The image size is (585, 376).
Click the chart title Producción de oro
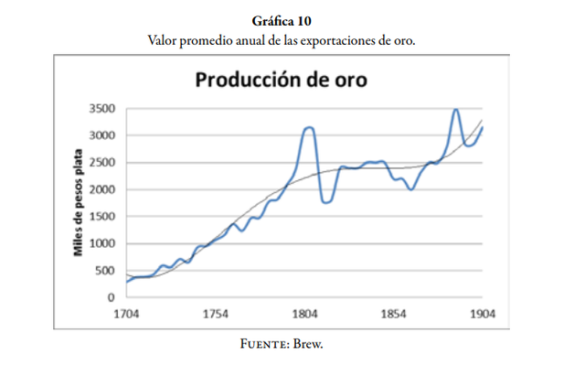tap(282, 80)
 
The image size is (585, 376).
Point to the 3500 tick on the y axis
tap(101, 109)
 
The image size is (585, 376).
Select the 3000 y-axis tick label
tap(101, 135)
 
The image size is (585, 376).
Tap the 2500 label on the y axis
tap(101, 163)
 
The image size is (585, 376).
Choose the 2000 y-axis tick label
tap(101, 189)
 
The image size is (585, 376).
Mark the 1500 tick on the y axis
tap(101, 217)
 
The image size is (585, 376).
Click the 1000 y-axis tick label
tap(101, 243)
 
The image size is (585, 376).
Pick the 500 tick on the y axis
tap(105, 271)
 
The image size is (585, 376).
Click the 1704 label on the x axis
tap(126, 314)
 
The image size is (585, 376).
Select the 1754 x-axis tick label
tap(216, 314)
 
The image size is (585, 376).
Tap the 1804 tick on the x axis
tap(304, 314)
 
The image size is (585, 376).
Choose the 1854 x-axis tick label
tap(394, 314)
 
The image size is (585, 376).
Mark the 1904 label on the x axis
tap(483, 314)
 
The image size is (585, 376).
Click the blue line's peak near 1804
tap(309, 127)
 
